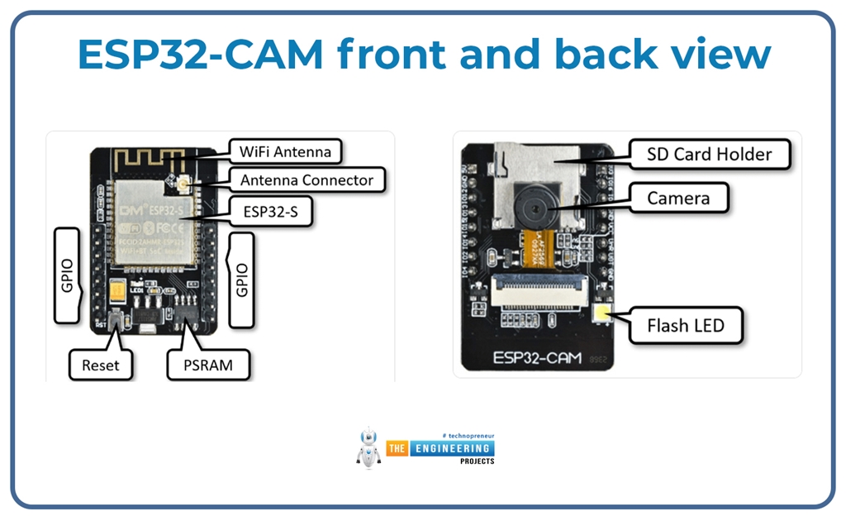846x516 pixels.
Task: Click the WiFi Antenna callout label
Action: pyautogui.click(x=285, y=152)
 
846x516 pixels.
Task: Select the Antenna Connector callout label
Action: pyautogui.click(x=307, y=180)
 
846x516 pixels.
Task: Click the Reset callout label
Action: pyautogui.click(x=100, y=365)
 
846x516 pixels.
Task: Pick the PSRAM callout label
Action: pyautogui.click(x=207, y=365)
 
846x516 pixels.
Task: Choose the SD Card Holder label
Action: pyautogui.click(x=710, y=154)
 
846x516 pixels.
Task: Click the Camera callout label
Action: pyautogui.click(x=677, y=198)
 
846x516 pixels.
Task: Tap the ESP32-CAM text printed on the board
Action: pyautogui.click(x=537, y=358)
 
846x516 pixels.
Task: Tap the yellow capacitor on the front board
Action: pyautogui.click(x=117, y=292)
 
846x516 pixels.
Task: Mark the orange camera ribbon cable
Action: pyautogui.click(x=541, y=248)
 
